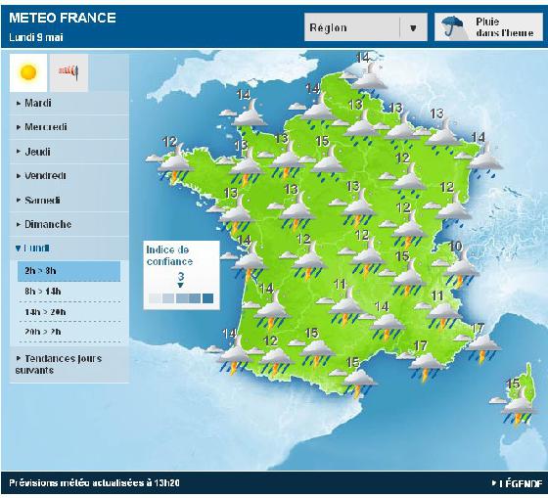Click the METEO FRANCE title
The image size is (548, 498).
(62, 18)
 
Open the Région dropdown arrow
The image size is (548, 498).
(413, 28)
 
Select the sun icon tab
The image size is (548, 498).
(27, 71)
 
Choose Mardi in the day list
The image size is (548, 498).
(39, 103)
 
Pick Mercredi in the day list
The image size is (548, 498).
(46, 127)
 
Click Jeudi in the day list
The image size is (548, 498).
(38, 152)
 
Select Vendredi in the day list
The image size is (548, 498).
(45, 176)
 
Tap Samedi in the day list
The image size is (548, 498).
(42, 201)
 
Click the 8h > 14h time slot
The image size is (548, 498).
(43, 292)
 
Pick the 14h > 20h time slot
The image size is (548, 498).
(45, 311)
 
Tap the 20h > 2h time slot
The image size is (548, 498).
(43, 331)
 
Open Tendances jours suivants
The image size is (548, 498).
(59, 364)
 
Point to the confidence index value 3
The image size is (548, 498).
(181, 277)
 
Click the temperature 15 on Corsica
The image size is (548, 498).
(512, 384)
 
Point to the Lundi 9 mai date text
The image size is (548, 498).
(37, 37)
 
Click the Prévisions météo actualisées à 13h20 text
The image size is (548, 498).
(95, 484)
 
